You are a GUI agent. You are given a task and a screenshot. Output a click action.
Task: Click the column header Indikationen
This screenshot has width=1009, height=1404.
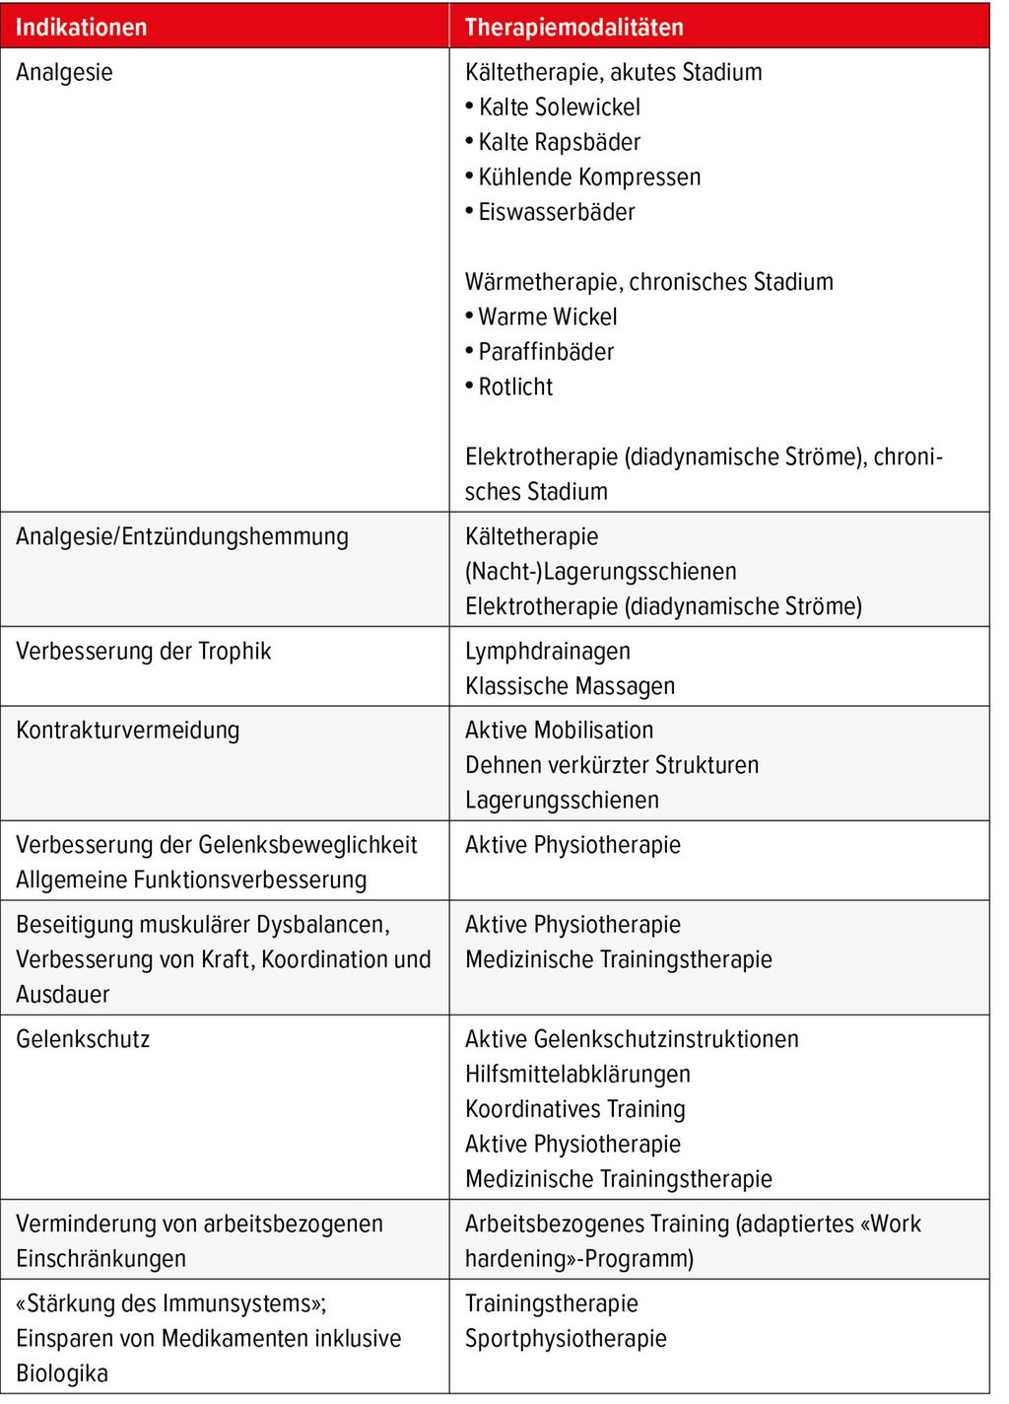tap(81, 27)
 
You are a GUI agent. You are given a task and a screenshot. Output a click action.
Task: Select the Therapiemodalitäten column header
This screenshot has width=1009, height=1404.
tap(573, 27)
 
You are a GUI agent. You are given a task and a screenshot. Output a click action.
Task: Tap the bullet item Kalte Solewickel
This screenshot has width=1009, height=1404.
tap(559, 106)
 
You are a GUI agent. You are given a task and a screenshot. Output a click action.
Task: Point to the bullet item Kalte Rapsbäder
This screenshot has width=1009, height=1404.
tap(559, 142)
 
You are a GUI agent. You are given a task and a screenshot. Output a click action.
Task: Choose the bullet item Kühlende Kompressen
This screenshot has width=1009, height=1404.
tap(589, 177)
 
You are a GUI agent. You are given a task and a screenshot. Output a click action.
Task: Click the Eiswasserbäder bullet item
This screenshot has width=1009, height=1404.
tap(557, 212)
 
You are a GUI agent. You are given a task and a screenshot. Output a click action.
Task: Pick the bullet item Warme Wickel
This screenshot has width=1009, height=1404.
tap(548, 316)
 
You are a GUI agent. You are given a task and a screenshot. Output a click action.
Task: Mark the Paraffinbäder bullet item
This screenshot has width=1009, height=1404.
tap(546, 352)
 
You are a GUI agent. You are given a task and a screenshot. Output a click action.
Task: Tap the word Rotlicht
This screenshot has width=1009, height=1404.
tap(515, 386)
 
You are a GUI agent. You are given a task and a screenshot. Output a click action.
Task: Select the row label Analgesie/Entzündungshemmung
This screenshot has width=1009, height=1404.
tap(182, 536)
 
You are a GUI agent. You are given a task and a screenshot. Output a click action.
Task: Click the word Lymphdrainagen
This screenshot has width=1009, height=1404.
tap(548, 651)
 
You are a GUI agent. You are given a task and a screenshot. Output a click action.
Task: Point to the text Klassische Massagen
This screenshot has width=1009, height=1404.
tap(570, 686)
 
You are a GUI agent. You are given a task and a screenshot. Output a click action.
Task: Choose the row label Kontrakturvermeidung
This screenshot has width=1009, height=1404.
tap(127, 731)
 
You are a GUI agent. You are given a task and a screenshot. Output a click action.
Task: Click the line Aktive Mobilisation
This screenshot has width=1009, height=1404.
tap(559, 731)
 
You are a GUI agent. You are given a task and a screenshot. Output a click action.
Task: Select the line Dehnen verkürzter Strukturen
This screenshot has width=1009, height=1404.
tap(612, 765)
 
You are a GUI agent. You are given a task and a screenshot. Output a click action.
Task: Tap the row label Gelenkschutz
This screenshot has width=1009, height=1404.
tap(83, 1039)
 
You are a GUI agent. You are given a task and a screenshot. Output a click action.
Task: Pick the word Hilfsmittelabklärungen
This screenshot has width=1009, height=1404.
tap(577, 1075)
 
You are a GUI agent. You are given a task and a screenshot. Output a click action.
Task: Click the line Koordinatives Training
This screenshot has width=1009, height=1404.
tap(574, 1109)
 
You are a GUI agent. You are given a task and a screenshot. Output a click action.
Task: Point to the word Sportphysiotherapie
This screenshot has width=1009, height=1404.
tap(566, 1339)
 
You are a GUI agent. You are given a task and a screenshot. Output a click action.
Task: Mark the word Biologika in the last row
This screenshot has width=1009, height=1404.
tap(62, 1373)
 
